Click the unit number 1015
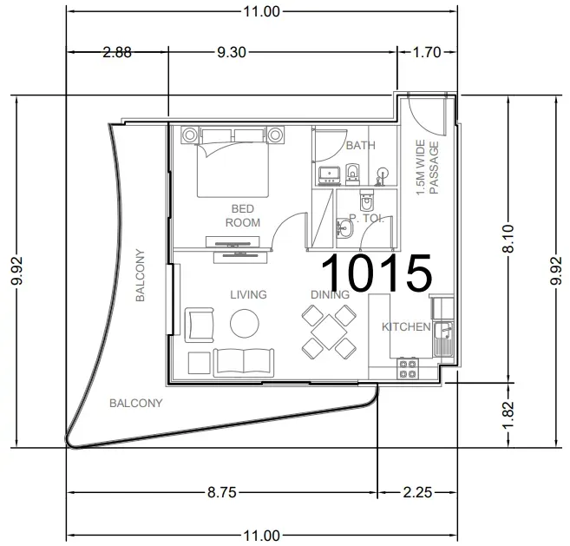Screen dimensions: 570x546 click(x=377, y=273)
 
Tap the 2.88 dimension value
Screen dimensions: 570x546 click(x=117, y=52)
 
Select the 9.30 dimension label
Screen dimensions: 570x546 click(x=232, y=52)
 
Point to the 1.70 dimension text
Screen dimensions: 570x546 click(x=427, y=52)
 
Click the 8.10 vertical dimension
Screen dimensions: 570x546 click(x=508, y=239)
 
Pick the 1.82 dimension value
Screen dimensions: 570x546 click(x=508, y=415)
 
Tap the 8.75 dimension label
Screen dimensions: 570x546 click(x=222, y=492)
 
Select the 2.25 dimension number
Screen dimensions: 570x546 click(x=417, y=492)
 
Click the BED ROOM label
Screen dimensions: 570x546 click(x=243, y=215)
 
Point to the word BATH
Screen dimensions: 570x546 click(x=361, y=146)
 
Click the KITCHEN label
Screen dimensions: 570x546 click(x=406, y=326)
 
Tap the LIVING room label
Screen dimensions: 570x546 click(x=248, y=294)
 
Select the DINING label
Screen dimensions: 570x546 click(x=330, y=294)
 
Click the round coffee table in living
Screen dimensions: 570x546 click(x=245, y=324)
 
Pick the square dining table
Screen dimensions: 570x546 click(x=329, y=332)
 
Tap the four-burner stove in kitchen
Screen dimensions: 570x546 click(x=408, y=369)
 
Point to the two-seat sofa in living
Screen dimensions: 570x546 click(x=244, y=362)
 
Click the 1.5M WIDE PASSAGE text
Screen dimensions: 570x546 click(x=427, y=168)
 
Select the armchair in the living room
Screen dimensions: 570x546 click(x=200, y=325)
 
